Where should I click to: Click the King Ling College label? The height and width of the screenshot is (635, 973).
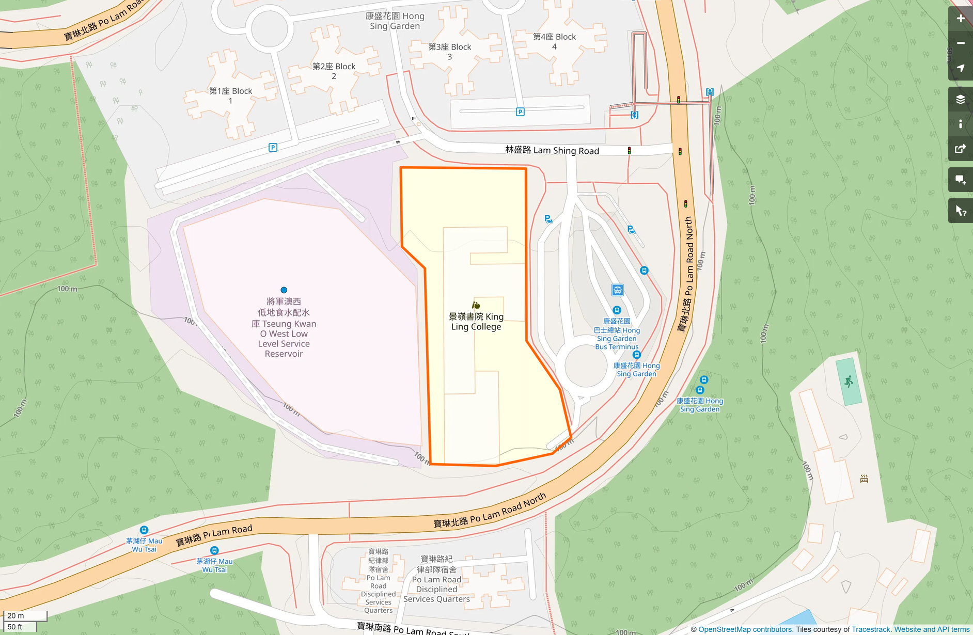476,322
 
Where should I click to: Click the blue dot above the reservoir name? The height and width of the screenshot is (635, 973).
284,290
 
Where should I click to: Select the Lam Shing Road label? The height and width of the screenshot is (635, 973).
552,150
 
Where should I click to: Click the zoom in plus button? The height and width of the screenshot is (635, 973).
960,19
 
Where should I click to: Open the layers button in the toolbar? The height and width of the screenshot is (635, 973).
960,99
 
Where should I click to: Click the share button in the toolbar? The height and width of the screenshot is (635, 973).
960,149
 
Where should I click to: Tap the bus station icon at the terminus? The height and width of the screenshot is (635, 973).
617,290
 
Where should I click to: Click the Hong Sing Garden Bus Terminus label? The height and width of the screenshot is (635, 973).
617,334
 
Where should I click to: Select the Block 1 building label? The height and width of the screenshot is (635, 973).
230,96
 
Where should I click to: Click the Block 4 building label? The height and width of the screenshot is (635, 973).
554,41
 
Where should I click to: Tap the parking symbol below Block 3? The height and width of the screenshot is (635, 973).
520,112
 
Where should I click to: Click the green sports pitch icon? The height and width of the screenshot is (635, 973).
849,382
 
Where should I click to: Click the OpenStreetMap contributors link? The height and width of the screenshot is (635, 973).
745,629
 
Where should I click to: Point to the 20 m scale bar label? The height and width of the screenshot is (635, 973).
16,615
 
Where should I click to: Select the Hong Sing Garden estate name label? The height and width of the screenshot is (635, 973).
395,21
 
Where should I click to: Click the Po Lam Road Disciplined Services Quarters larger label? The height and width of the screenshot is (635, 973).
436,579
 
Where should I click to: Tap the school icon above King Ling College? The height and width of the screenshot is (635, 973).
476,305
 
